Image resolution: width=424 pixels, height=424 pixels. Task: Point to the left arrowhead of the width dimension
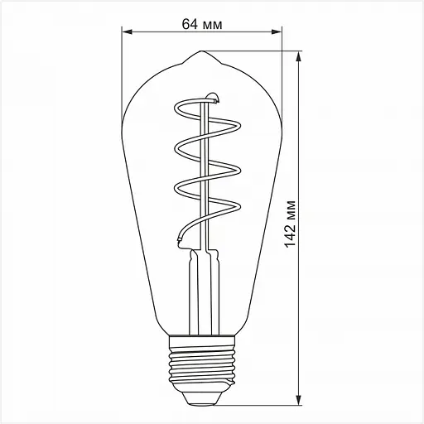click(x=126, y=34)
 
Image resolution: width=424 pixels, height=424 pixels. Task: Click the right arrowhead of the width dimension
click(x=277, y=34)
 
